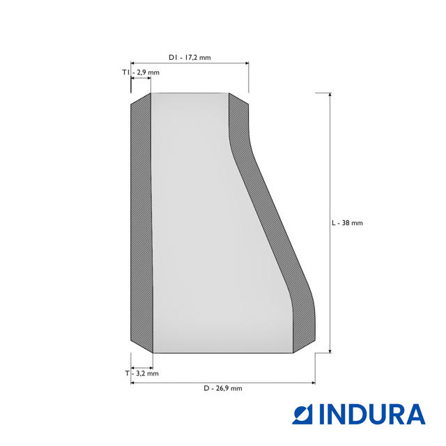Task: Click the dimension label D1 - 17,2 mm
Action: point(190,57)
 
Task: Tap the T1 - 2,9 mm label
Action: point(141,72)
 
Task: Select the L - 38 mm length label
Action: point(347,223)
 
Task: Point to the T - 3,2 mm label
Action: point(142,374)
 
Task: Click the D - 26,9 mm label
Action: point(223,388)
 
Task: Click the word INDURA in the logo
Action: point(373,414)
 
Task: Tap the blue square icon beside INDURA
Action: point(302,414)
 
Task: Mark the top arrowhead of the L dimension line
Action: point(330,95)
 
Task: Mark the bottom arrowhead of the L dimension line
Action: point(330,351)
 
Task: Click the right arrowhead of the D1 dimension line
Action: point(247,63)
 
